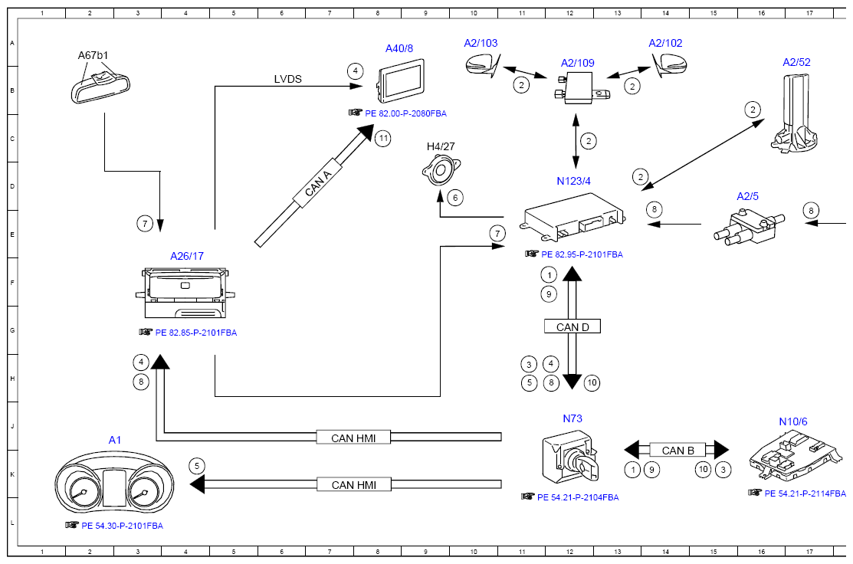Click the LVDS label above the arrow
coord(287,79)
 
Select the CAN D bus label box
coord(572,326)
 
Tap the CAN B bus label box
coord(677,451)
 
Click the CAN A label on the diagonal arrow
coord(318,183)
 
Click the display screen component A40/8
coord(400,80)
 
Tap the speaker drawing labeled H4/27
coord(441,169)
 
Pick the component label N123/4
coord(573,181)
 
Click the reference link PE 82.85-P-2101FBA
coord(196,333)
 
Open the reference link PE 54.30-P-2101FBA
coord(122,526)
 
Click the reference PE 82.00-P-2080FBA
coord(405,113)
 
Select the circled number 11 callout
coord(383,138)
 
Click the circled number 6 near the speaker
coord(455,198)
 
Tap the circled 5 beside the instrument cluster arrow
coord(197,466)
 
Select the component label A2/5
coord(747,196)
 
